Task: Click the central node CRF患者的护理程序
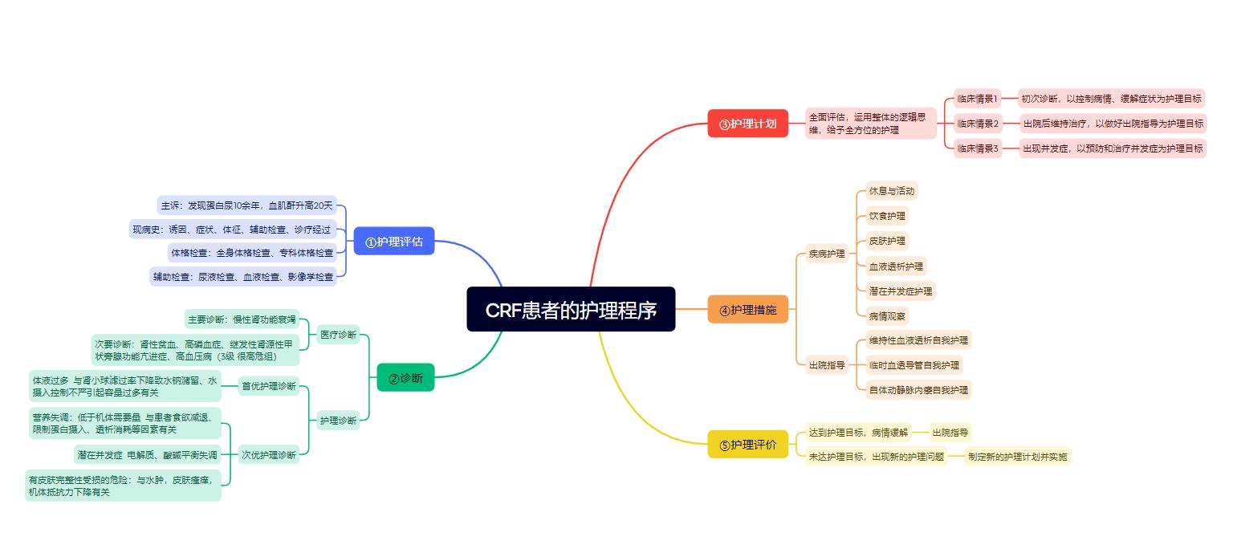(x=571, y=309)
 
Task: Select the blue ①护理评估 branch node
(x=394, y=241)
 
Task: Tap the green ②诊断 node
(x=405, y=378)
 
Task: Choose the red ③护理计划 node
(x=747, y=124)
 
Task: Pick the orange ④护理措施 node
(x=747, y=310)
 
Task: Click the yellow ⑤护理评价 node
(x=747, y=445)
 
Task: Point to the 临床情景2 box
(x=978, y=124)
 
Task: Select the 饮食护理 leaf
(x=887, y=216)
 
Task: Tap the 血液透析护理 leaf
(x=896, y=266)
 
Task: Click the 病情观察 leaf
(x=887, y=315)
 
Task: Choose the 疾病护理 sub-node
(x=827, y=254)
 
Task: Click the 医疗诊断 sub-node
(x=338, y=335)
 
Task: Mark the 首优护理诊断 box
(x=269, y=386)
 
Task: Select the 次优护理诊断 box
(x=269, y=455)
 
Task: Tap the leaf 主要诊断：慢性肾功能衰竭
(x=242, y=319)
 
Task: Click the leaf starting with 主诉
(x=246, y=205)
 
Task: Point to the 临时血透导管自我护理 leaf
(x=914, y=365)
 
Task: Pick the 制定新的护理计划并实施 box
(x=1017, y=457)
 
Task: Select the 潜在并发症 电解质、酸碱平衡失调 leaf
(x=147, y=455)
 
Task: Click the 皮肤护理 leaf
(x=887, y=241)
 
